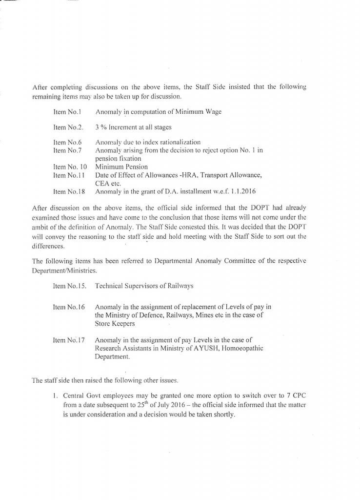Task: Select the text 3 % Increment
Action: (x=119, y=127)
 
